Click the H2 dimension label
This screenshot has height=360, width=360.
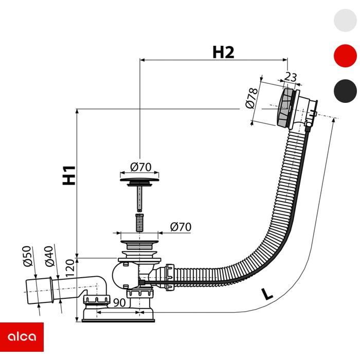[223, 52]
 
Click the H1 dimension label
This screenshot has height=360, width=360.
[69, 175]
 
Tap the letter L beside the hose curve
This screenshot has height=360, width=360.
[267, 294]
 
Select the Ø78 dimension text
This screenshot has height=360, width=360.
[251, 98]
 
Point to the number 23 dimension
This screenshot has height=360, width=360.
[291, 77]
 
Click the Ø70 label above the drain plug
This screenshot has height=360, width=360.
[141, 167]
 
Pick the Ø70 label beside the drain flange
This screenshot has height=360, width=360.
[181, 227]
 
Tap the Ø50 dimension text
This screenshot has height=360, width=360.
[27, 256]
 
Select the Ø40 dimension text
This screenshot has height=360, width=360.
[49, 256]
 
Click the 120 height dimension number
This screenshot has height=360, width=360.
[70, 268]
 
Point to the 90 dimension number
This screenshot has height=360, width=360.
[119, 302]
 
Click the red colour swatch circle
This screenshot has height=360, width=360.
[345, 56]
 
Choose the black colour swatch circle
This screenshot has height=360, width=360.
[345, 91]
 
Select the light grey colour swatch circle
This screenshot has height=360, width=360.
[345, 20]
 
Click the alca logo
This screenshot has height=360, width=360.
[22, 337]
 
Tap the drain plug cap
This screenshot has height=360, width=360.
[139, 179]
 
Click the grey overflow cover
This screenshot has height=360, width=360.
[285, 107]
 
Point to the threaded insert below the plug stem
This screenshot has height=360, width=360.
[139, 223]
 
